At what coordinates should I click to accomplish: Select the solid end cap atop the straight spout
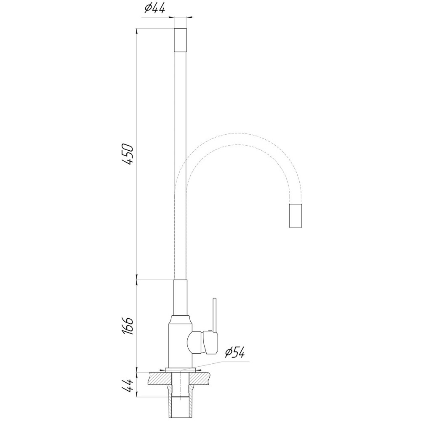(180, 39)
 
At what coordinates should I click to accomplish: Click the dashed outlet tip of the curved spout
(295, 216)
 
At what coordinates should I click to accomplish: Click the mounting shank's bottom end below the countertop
(180, 415)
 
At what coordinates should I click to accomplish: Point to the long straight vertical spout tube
(180, 164)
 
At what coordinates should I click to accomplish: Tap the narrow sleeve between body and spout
(180, 297)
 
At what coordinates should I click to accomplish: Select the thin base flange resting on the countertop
(180, 370)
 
